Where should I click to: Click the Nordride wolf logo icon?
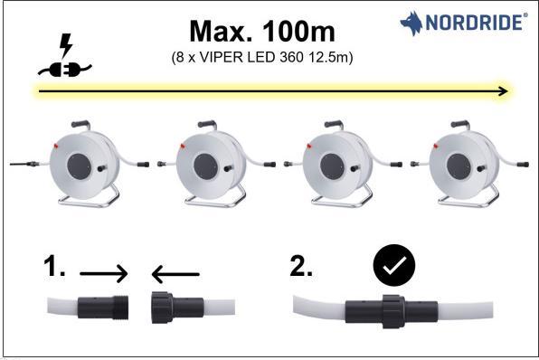[411, 23]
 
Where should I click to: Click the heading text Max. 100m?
[261, 31]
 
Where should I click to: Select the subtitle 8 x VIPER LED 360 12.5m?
[261, 58]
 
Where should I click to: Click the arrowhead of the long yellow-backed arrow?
[502, 91]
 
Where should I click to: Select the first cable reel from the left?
[87, 162]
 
